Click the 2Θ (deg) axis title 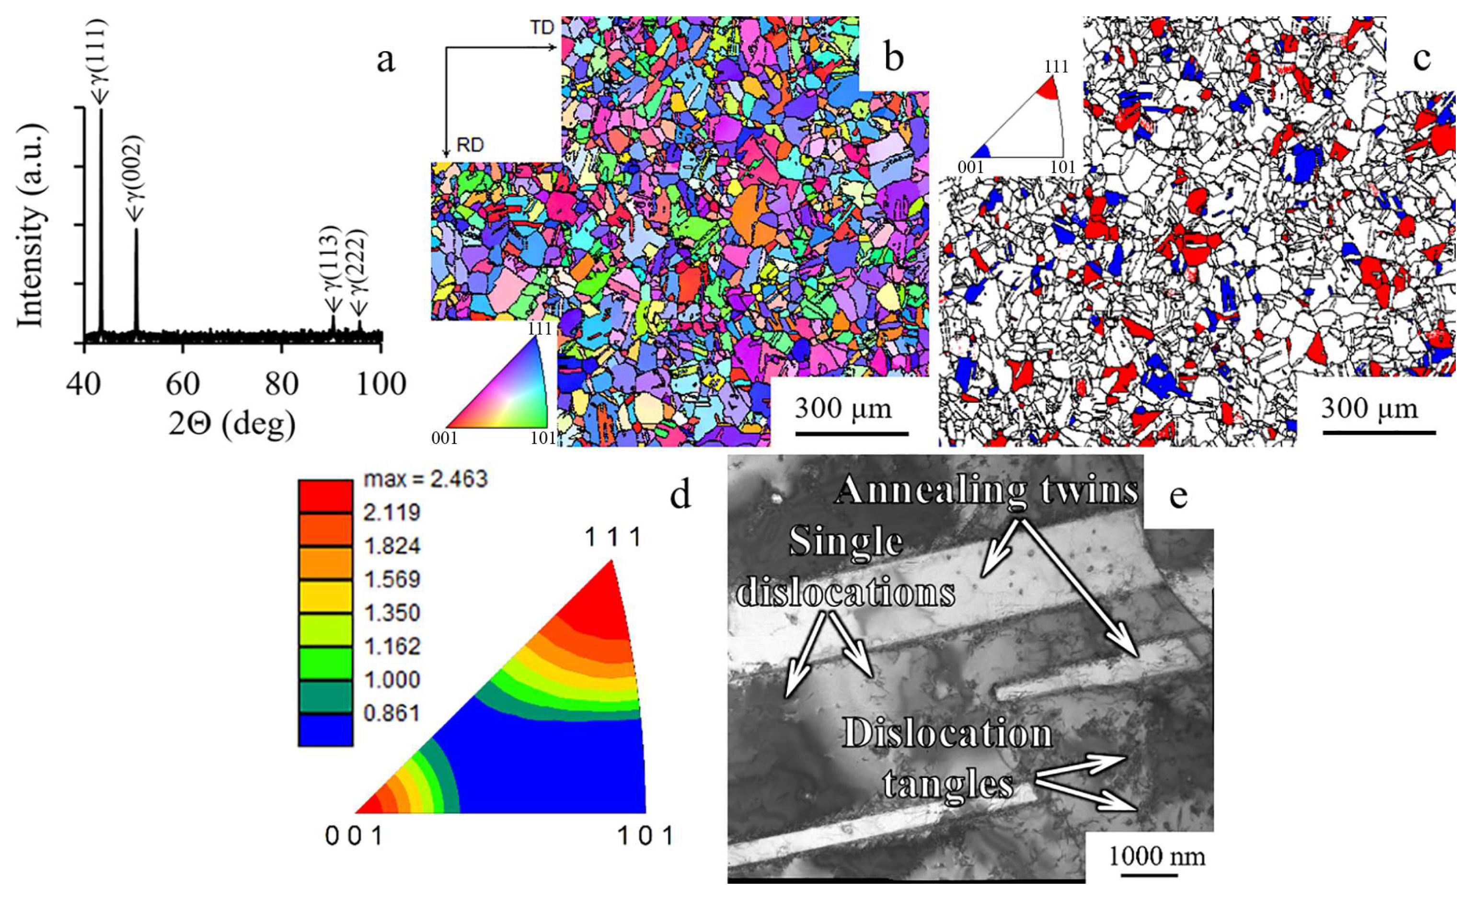[x=232, y=423]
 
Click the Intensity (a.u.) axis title [x=30, y=226]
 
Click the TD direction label [x=542, y=27]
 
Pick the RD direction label [x=470, y=145]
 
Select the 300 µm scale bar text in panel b [x=843, y=409]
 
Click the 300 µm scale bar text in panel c [x=1370, y=409]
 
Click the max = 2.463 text [x=426, y=479]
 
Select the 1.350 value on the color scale [x=392, y=613]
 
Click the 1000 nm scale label [x=1157, y=856]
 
